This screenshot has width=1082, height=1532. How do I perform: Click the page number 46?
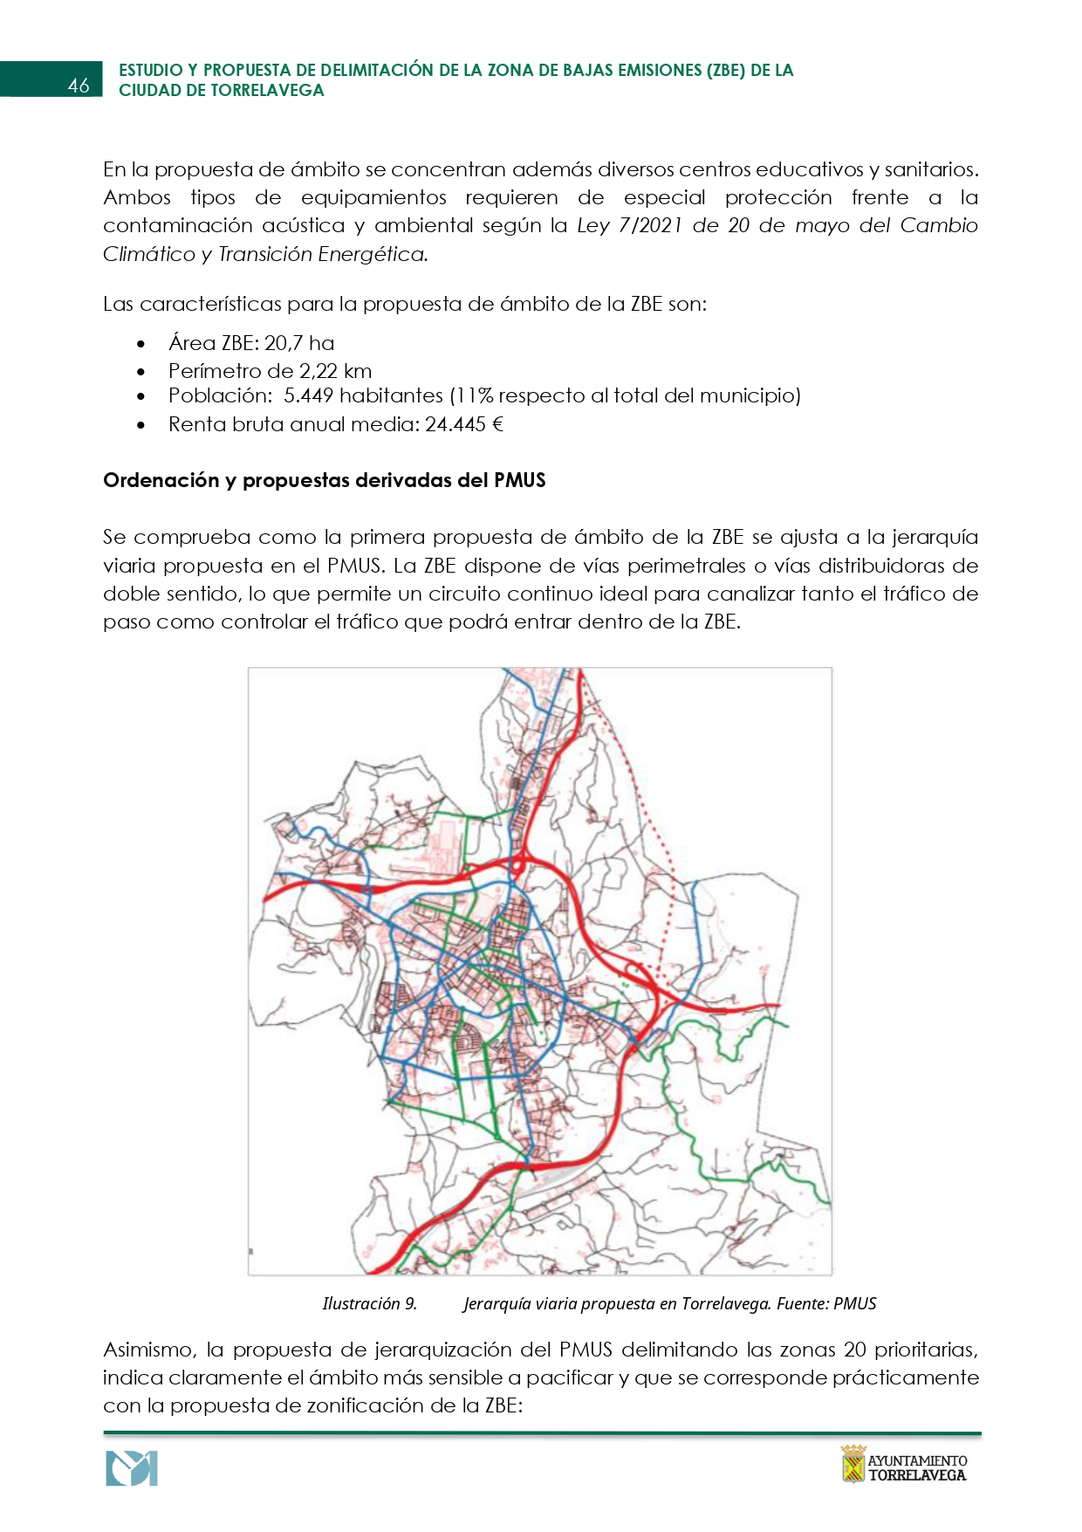click(79, 86)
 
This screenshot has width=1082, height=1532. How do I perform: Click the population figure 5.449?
click(308, 396)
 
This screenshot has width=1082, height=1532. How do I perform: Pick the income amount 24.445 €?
click(464, 425)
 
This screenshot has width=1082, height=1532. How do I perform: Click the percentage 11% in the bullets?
click(475, 396)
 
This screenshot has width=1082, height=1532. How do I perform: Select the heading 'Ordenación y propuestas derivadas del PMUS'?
click(324, 480)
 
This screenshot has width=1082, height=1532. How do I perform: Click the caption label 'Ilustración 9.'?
click(369, 1303)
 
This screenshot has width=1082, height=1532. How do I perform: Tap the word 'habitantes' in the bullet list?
click(391, 396)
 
